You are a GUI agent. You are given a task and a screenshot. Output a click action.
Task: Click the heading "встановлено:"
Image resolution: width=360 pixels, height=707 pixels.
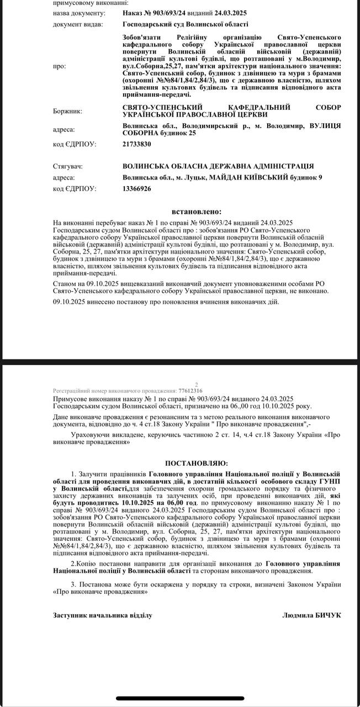(197, 211)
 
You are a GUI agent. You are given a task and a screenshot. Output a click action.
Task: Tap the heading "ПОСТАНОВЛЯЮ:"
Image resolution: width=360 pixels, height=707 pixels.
(197, 462)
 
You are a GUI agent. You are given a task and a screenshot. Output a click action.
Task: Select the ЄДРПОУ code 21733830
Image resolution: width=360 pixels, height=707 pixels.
(136, 144)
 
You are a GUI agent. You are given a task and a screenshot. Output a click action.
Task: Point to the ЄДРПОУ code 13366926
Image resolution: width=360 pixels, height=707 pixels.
(136, 188)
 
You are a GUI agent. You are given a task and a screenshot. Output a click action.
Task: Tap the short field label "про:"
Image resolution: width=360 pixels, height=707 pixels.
(59, 66)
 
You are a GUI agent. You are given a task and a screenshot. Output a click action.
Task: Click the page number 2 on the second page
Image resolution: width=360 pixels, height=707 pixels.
(197, 385)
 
